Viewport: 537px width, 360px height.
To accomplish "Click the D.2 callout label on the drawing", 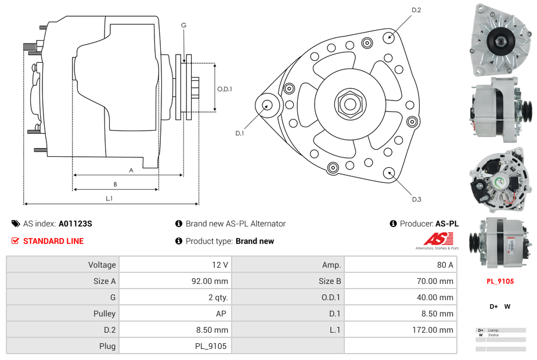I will tap(416, 10).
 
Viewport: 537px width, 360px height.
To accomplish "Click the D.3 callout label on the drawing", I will tap(416, 199).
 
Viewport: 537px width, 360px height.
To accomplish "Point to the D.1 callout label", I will tap(240, 134).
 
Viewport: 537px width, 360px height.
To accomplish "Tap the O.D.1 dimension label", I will tap(225, 89).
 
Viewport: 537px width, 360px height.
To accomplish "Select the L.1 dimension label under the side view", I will tap(109, 199).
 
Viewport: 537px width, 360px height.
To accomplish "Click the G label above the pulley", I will tap(183, 25).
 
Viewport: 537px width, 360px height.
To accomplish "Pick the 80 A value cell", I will tap(445, 265).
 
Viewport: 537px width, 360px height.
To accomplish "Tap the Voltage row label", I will tap(102, 265).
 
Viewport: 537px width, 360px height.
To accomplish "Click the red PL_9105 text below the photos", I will tap(500, 281).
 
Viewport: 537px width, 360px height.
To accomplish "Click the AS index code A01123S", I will tap(75, 224).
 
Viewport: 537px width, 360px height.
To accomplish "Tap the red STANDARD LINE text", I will tap(53, 241).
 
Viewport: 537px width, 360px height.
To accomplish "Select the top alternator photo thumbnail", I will tap(499, 39).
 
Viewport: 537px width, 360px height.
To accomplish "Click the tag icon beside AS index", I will tap(16, 224).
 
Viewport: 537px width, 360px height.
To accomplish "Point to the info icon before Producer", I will tap(393, 224).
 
